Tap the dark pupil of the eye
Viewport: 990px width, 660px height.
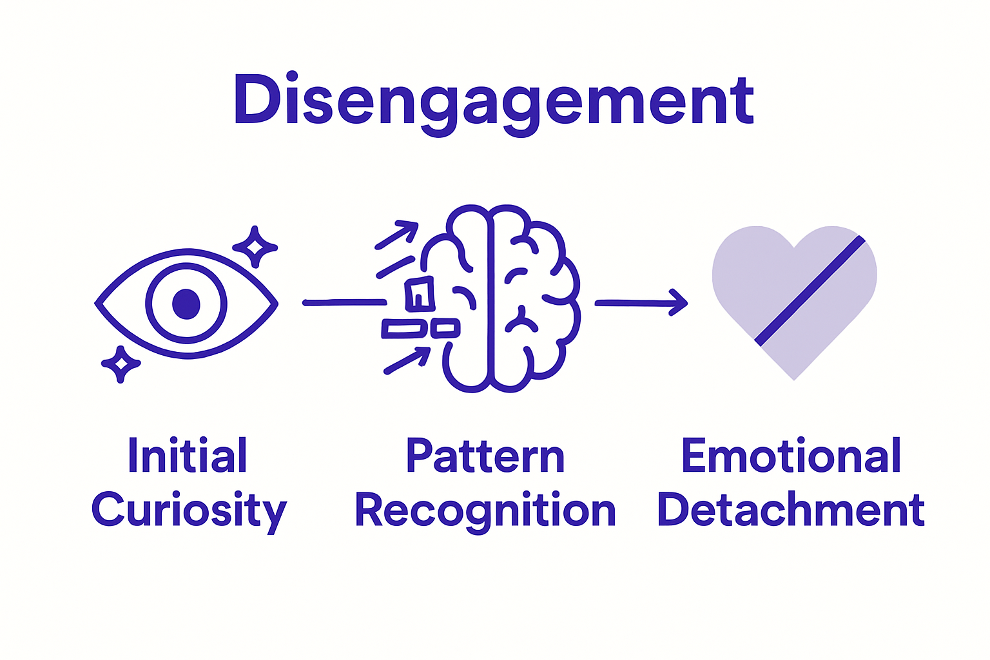(x=186, y=303)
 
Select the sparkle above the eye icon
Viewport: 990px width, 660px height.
(x=255, y=247)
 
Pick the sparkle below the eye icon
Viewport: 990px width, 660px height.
(x=120, y=364)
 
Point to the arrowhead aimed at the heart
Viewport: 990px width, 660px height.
(x=678, y=302)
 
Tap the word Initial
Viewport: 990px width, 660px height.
(x=187, y=456)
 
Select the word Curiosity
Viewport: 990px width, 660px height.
(x=188, y=510)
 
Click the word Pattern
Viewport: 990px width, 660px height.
(x=485, y=456)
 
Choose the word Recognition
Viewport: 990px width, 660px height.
(x=485, y=510)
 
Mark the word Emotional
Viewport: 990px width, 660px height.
(x=791, y=456)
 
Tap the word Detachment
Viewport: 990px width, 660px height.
(x=791, y=510)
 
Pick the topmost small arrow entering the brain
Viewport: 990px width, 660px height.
(x=397, y=235)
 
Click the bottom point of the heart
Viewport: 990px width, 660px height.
(x=794, y=378)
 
